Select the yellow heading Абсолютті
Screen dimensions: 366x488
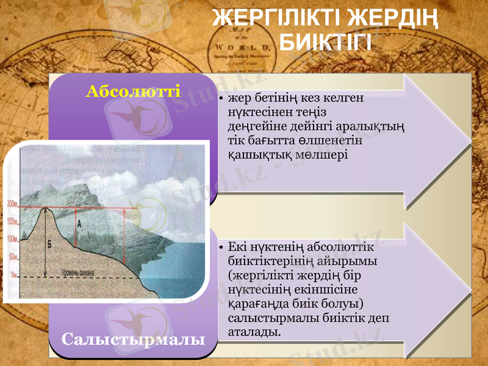(133, 91)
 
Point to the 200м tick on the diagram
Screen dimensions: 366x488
(12, 204)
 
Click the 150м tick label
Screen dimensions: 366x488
(12, 221)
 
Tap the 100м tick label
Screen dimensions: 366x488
(12, 239)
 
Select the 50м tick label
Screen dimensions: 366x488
(13, 257)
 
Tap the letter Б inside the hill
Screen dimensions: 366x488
(49, 244)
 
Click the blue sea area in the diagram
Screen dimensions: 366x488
(183, 256)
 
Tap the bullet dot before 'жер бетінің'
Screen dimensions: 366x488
(220, 99)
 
